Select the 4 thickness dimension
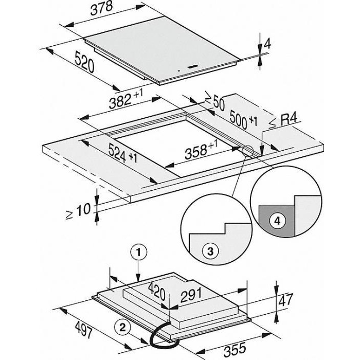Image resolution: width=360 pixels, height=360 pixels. click(x=267, y=45)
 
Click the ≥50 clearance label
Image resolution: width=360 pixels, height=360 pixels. click(x=214, y=101)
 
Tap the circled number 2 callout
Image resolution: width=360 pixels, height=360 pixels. click(x=122, y=326)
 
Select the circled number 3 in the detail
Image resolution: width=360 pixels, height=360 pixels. click(x=209, y=251)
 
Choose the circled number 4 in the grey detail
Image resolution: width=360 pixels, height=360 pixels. click(x=278, y=221)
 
